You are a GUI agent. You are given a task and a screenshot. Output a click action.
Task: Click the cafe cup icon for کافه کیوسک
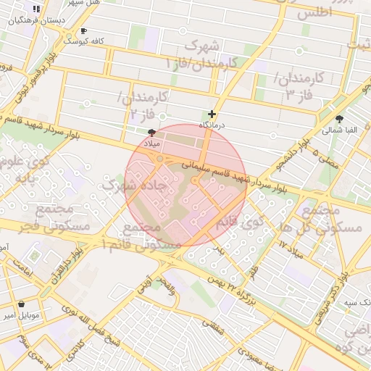pyautogui.click(x=83, y=31)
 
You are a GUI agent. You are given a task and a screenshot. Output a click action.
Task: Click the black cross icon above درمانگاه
pyautogui.click(x=212, y=114)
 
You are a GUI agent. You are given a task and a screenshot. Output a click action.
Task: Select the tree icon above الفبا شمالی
pyautogui.click(x=339, y=119)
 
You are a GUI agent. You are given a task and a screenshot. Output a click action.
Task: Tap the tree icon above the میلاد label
pyautogui.click(x=151, y=133)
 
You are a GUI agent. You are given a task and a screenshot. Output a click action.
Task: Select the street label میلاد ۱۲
pyautogui.click(x=293, y=249)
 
